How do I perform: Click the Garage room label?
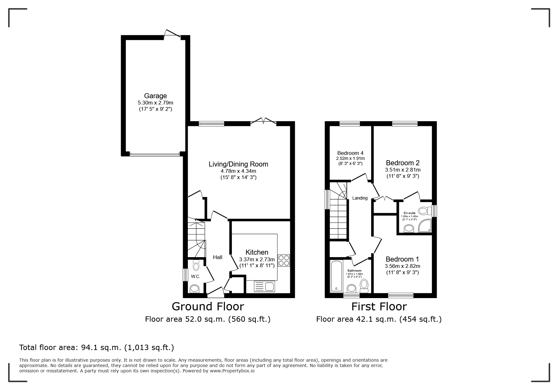(x=155, y=96)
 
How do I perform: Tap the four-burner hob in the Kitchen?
(x=284, y=260)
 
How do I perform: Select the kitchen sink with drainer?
(x=264, y=286)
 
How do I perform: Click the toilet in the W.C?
(x=196, y=265)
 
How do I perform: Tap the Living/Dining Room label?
(x=238, y=164)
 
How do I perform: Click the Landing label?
(x=360, y=198)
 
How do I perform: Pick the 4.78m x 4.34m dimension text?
(x=238, y=171)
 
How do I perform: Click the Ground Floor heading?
(x=208, y=306)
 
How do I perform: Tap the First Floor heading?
(x=379, y=306)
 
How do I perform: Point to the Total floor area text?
(x=96, y=348)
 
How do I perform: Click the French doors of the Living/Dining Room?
(x=264, y=122)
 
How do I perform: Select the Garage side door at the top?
(x=172, y=34)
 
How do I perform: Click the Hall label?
(x=218, y=257)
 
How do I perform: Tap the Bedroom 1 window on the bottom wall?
(x=400, y=295)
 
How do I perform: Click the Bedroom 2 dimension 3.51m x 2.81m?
(x=403, y=170)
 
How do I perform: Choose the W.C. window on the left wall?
(x=186, y=274)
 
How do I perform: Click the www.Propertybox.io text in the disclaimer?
(x=232, y=371)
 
